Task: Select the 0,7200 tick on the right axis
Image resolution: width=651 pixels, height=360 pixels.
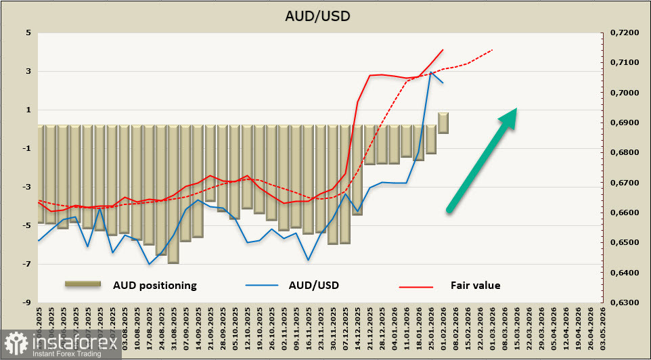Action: (625, 32)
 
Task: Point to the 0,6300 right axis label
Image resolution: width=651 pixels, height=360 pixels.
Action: (625, 302)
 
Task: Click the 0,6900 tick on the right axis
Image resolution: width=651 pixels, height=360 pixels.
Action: (625, 122)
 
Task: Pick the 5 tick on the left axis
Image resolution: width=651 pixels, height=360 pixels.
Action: (28, 32)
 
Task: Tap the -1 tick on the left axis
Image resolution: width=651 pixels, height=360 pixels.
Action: (26, 148)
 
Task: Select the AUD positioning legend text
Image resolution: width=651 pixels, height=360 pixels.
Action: (154, 286)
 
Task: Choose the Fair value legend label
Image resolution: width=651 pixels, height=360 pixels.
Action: (475, 286)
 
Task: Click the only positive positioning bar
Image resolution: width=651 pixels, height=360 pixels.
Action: (443, 122)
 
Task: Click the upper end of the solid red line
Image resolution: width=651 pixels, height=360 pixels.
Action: (443, 49)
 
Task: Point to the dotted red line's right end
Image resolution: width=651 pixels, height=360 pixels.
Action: (492, 50)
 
